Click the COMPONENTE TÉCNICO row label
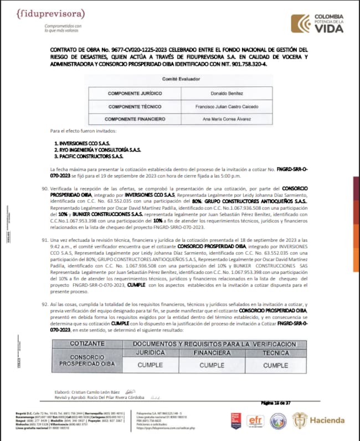132,106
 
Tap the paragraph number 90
45,189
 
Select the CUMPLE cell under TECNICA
276,365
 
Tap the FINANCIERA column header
212,352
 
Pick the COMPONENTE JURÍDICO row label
133,94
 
